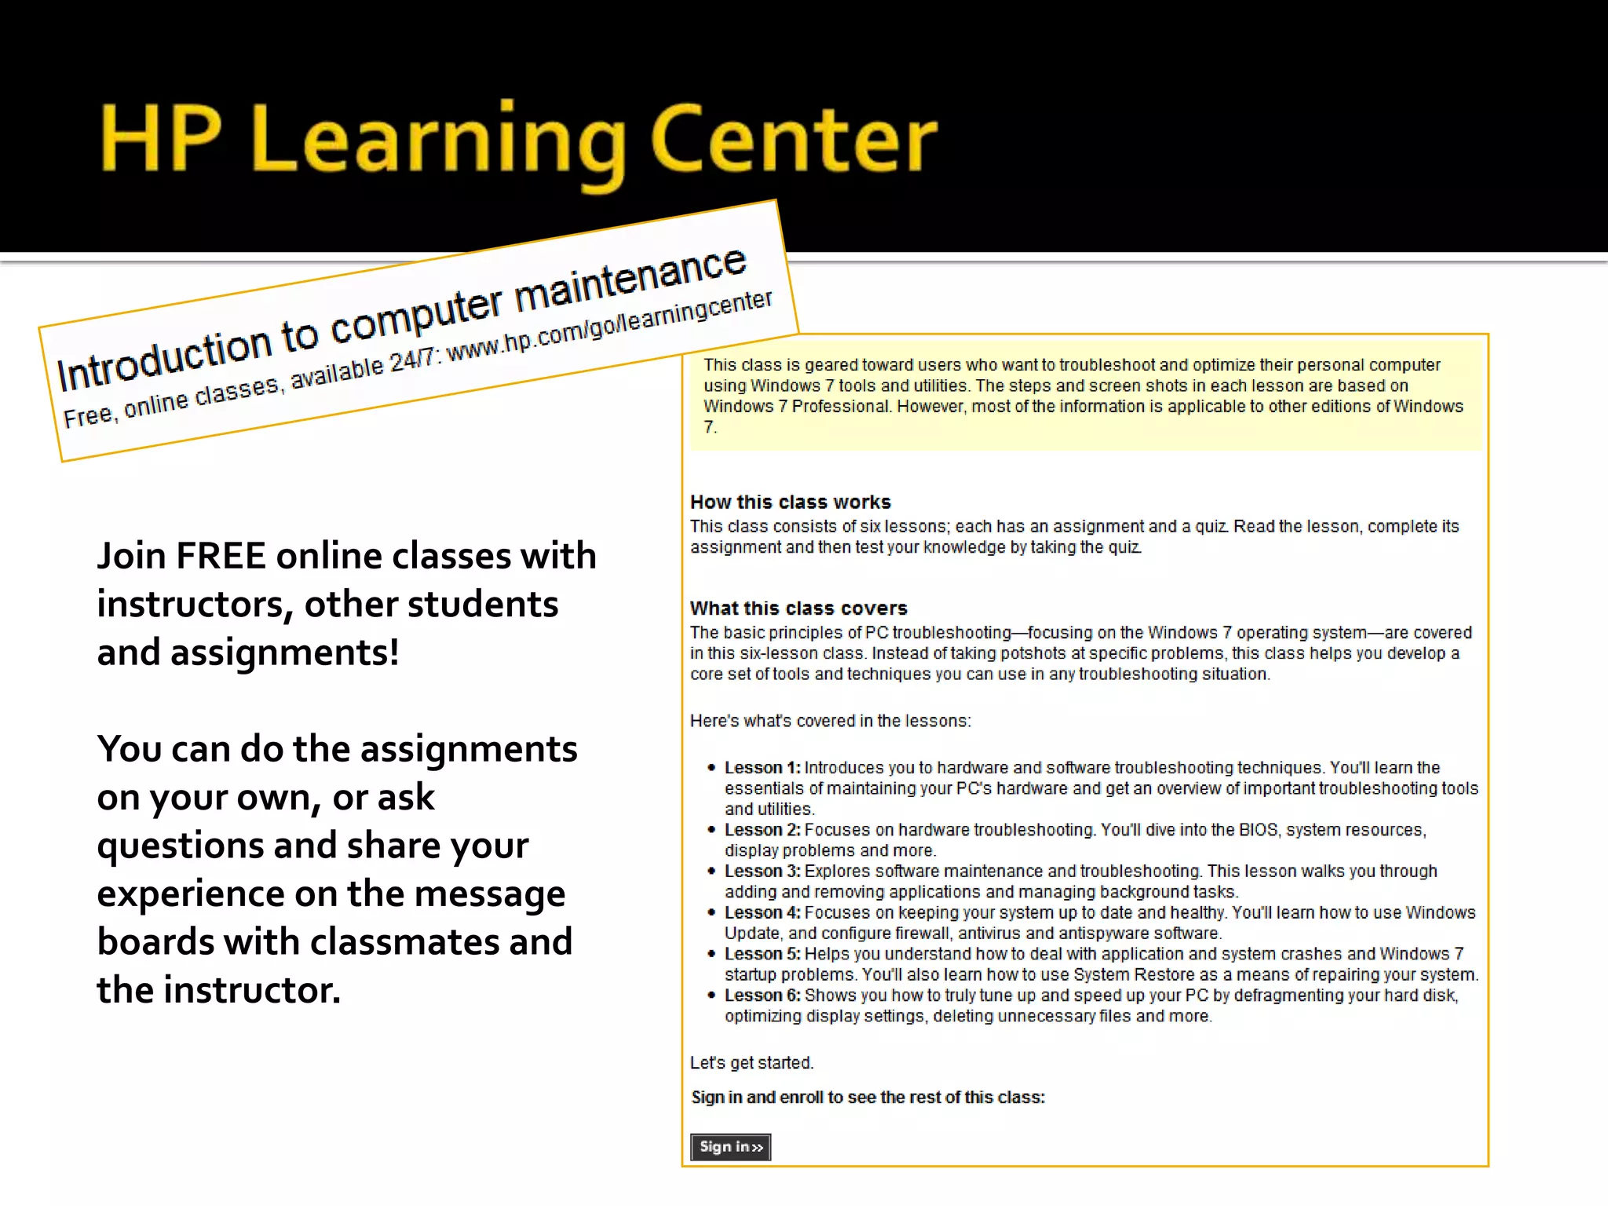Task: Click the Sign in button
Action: tap(730, 1147)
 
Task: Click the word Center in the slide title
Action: tap(794, 141)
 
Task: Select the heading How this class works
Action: tap(790, 502)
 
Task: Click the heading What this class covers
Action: tap(798, 608)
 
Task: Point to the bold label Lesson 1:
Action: tap(762, 768)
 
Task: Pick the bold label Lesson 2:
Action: tap(762, 830)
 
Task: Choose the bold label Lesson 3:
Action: tap(762, 872)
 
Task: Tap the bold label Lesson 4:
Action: tap(762, 913)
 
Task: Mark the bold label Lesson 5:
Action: tap(762, 954)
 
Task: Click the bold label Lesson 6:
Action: tap(762, 996)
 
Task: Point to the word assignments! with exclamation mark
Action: tap(284, 652)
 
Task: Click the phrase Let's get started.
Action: tap(751, 1063)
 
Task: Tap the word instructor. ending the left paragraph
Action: tap(251, 990)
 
